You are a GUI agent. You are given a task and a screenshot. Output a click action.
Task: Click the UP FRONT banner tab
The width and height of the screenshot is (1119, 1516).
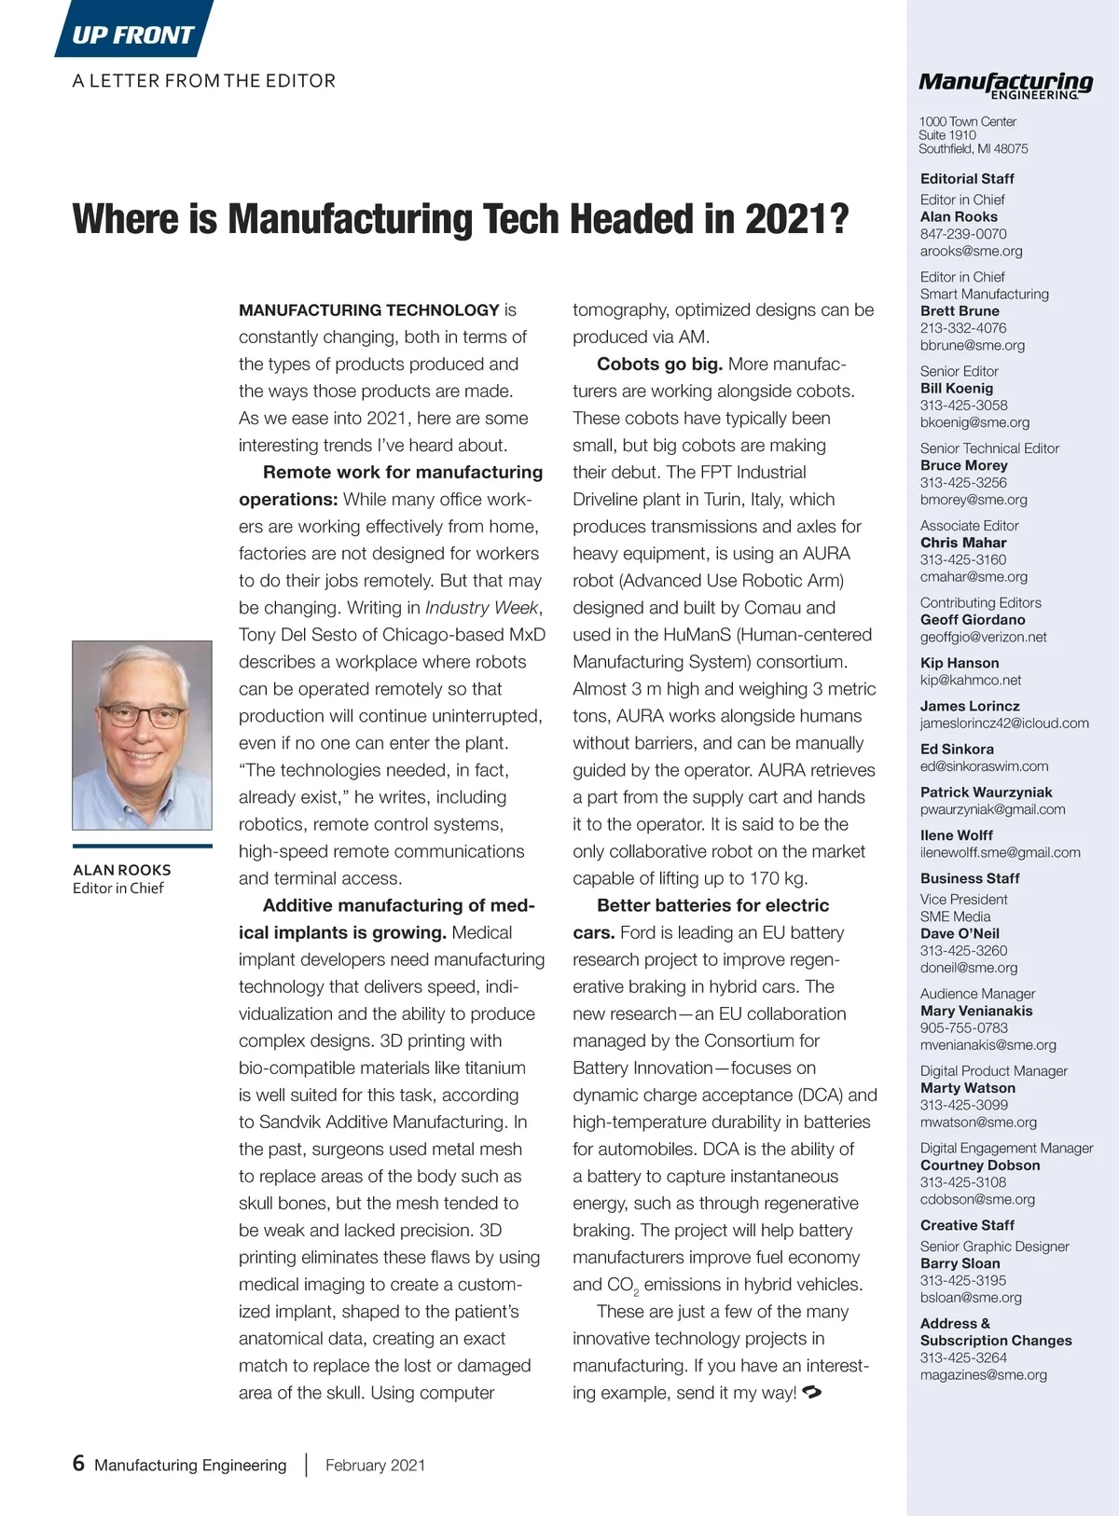click(x=132, y=34)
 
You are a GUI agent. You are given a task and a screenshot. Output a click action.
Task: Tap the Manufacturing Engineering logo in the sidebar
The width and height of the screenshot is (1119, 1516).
click(x=1005, y=84)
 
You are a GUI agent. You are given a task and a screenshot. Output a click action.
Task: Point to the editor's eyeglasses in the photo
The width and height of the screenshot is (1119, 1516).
click(x=143, y=716)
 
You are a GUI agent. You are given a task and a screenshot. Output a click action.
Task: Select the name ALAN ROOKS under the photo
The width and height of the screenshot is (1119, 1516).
click(x=122, y=870)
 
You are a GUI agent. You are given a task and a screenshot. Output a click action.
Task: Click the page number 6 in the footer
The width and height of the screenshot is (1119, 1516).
click(x=78, y=1463)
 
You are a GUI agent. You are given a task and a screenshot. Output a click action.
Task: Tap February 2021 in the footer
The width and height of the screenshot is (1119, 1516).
click(x=375, y=1465)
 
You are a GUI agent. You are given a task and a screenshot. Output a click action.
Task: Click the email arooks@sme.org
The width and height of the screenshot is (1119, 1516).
click(x=971, y=251)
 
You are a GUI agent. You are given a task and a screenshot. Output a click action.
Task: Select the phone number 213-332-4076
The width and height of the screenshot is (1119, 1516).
click(x=963, y=328)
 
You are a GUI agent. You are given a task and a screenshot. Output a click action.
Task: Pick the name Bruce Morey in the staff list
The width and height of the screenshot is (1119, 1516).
click(x=963, y=465)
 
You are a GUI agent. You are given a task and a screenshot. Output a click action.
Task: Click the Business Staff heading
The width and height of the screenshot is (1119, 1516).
click(x=970, y=878)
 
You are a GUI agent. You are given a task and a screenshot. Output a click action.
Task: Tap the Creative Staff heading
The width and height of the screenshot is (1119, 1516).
click(x=967, y=1225)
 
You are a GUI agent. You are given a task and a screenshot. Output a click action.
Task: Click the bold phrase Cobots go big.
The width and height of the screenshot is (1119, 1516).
click(x=659, y=364)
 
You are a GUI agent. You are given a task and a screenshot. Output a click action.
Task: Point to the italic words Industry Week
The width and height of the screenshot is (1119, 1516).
click(x=482, y=608)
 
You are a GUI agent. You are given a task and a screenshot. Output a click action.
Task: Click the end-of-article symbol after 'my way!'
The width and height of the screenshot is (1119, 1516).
click(x=811, y=1392)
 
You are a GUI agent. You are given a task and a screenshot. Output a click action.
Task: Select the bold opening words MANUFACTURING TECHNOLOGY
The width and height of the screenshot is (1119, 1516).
click(x=369, y=310)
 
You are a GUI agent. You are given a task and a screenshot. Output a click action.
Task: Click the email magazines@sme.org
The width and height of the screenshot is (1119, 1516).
click(x=983, y=1374)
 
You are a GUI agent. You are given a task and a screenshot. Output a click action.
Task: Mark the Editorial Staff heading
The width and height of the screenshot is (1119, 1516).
click(x=967, y=178)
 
